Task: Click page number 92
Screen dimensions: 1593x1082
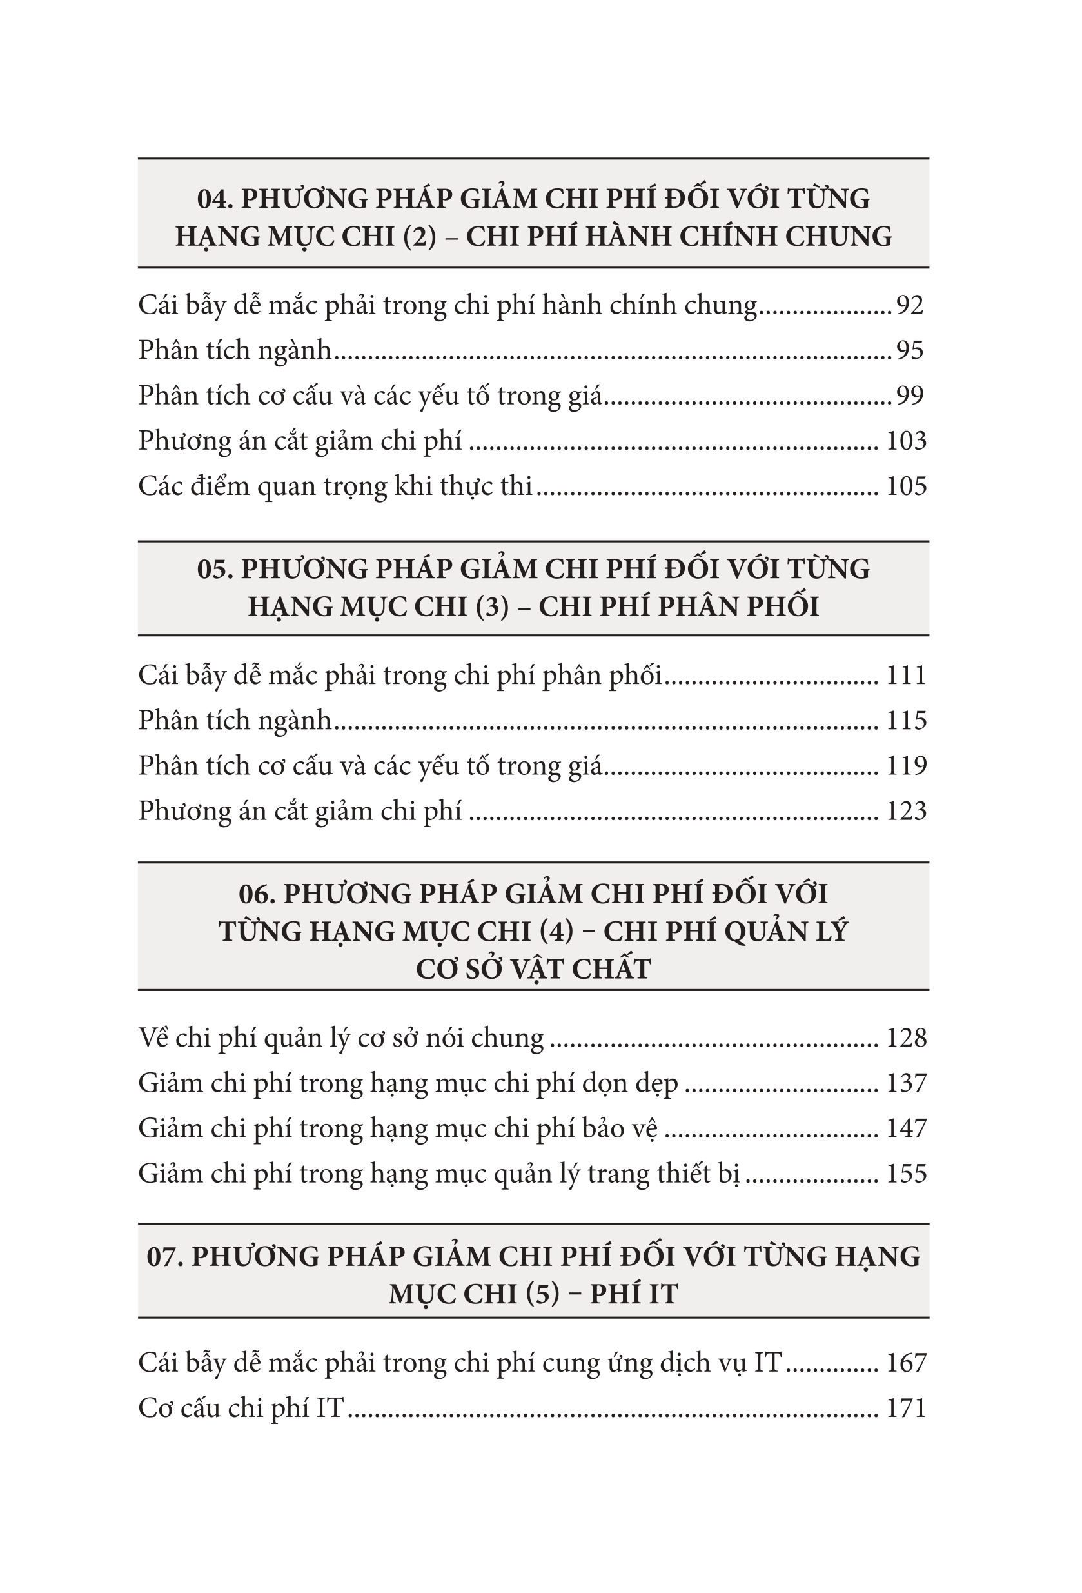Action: click(910, 305)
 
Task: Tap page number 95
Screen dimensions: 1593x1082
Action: click(910, 350)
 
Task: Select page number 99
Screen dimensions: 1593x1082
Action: click(910, 396)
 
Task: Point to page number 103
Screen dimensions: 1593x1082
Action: click(906, 441)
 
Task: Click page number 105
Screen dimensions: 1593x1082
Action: click(906, 486)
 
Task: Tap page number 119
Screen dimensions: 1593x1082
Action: click(906, 766)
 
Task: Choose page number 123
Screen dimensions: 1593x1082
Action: click(906, 811)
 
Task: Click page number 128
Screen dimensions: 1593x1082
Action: click(906, 1037)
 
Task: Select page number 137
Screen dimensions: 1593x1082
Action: click(906, 1083)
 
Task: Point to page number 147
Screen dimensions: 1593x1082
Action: click(906, 1128)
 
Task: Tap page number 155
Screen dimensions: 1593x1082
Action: click(906, 1174)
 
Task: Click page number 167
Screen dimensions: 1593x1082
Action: click(906, 1363)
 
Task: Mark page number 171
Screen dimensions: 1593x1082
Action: click(906, 1408)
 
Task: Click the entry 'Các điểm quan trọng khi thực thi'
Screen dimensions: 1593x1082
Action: click(335, 486)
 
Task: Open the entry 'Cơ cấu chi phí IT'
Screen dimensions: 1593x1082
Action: click(241, 1408)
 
